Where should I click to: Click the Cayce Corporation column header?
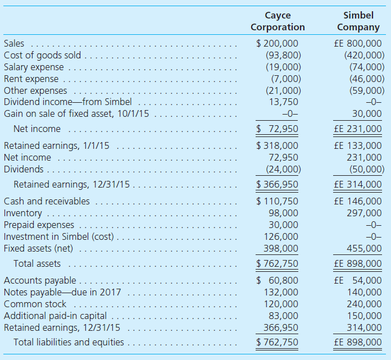(278, 21)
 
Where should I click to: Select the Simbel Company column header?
(358, 21)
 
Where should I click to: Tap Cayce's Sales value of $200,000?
(278, 43)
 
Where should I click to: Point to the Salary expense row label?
(34, 67)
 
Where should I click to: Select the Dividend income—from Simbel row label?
(68, 102)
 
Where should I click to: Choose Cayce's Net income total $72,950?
(278, 129)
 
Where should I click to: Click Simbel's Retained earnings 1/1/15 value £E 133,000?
(358, 146)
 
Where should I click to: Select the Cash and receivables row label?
(47, 201)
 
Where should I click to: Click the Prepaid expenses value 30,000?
(284, 225)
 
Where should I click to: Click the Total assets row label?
(37, 263)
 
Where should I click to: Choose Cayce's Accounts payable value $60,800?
(278, 281)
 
